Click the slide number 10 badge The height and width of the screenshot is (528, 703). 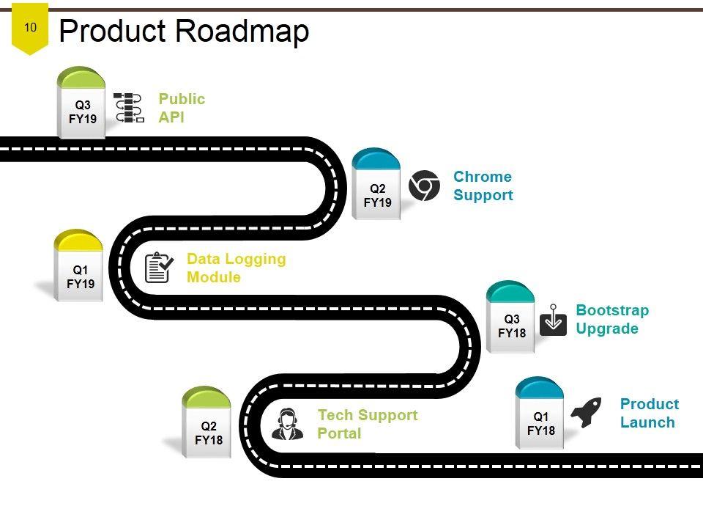[x=30, y=29]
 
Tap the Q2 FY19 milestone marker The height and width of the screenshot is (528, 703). [x=377, y=187]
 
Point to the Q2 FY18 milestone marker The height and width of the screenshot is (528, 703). [x=208, y=425]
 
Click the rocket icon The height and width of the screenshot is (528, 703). [x=586, y=412]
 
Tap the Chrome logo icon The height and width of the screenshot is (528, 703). [x=424, y=186]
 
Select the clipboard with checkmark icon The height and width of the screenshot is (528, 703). [x=159, y=268]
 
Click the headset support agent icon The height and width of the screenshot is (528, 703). [x=287, y=424]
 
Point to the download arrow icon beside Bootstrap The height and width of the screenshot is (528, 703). [x=553, y=320]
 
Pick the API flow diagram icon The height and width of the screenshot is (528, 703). [x=129, y=107]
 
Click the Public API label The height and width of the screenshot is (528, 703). [x=182, y=108]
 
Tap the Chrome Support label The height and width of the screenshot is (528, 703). [x=483, y=186]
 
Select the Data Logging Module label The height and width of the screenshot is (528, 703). [x=236, y=268]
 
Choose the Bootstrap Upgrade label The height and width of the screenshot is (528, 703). [x=612, y=319]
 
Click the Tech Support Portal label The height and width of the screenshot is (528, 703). [x=367, y=424]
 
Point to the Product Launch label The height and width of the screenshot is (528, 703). [x=649, y=413]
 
